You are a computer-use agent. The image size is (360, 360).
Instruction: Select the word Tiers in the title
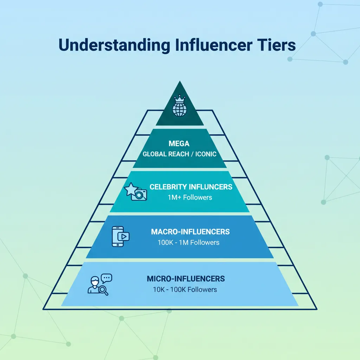pos(277,46)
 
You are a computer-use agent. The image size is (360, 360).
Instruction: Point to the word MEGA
pos(179,143)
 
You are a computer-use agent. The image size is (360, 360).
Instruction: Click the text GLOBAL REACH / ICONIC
pos(179,154)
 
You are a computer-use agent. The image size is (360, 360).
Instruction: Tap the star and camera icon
pos(136,192)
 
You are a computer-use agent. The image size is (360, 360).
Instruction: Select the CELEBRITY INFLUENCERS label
pos(191,187)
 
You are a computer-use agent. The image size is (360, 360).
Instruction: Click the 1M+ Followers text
pos(190,197)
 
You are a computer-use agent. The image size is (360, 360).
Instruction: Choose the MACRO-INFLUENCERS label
pos(190,232)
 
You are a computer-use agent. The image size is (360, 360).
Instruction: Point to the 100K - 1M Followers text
pos(188,243)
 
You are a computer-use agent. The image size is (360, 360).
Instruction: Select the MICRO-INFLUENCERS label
pos(185,279)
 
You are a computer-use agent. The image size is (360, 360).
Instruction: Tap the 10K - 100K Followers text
pos(185,290)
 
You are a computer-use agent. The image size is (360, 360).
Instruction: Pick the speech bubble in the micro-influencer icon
pos(106,278)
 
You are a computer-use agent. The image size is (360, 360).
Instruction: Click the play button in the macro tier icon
pos(124,237)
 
